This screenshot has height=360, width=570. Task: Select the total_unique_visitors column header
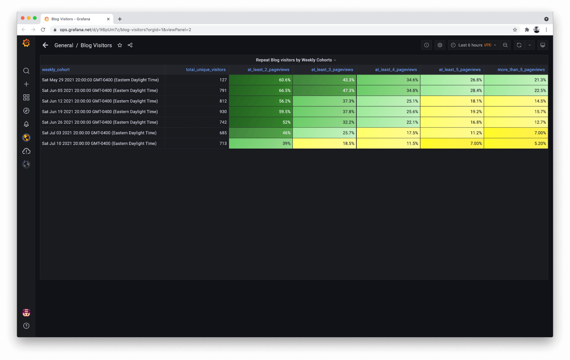[206, 70]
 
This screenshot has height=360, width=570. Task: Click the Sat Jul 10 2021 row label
[99, 144]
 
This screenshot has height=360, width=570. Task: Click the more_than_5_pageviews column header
[521, 70]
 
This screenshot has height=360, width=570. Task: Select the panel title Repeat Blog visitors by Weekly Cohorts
[294, 60]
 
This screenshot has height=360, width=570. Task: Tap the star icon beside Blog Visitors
[120, 45]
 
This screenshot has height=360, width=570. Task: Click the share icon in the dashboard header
[130, 45]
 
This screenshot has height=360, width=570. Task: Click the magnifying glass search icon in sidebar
[26, 71]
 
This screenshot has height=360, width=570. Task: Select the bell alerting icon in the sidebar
[26, 124]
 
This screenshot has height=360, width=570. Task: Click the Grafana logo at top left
[26, 43]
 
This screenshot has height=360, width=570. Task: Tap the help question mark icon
[26, 326]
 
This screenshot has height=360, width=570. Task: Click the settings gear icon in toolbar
[440, 45]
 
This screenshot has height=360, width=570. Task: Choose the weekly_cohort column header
[56, 70]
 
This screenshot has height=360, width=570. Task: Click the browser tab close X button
[108, 19]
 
